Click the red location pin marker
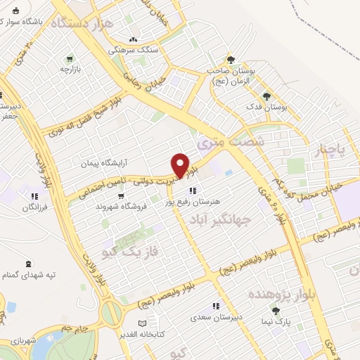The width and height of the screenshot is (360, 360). [181, 165]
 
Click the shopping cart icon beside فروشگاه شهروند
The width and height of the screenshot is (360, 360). [101, 207]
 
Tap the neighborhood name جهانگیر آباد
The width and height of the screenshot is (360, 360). [221, 219]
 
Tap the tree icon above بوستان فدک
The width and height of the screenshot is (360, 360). [266, 96]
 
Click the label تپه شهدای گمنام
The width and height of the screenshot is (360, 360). [29, 274]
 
